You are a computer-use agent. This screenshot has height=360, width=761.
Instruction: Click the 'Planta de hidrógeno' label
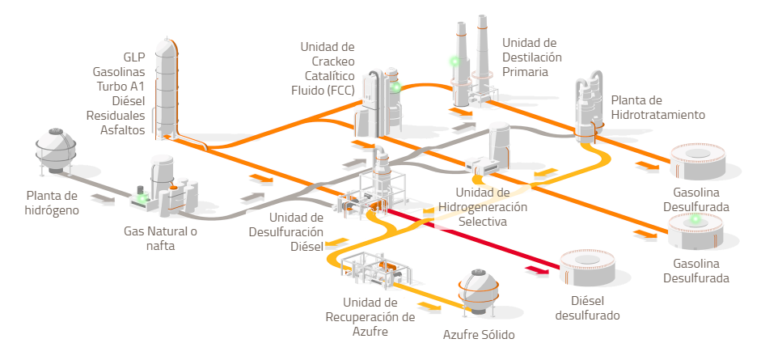[x=52, y=203]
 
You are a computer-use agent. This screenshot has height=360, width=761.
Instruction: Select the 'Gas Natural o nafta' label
[x=160, y=239]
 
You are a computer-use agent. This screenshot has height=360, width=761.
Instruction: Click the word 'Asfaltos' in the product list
[x=123, y=129]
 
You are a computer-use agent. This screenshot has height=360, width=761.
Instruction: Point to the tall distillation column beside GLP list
[x=167, y=89]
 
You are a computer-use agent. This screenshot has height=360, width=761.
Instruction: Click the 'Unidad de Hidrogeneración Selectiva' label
[x=483, y=206]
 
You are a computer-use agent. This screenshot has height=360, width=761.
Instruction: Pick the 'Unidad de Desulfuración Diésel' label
[x=296, y=231]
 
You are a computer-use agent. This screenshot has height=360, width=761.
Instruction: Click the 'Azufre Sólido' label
[x=478, y=334]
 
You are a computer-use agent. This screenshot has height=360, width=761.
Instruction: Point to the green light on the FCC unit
[x=395, y=87]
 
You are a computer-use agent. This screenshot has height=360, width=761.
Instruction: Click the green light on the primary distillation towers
[x=454, y=61]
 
